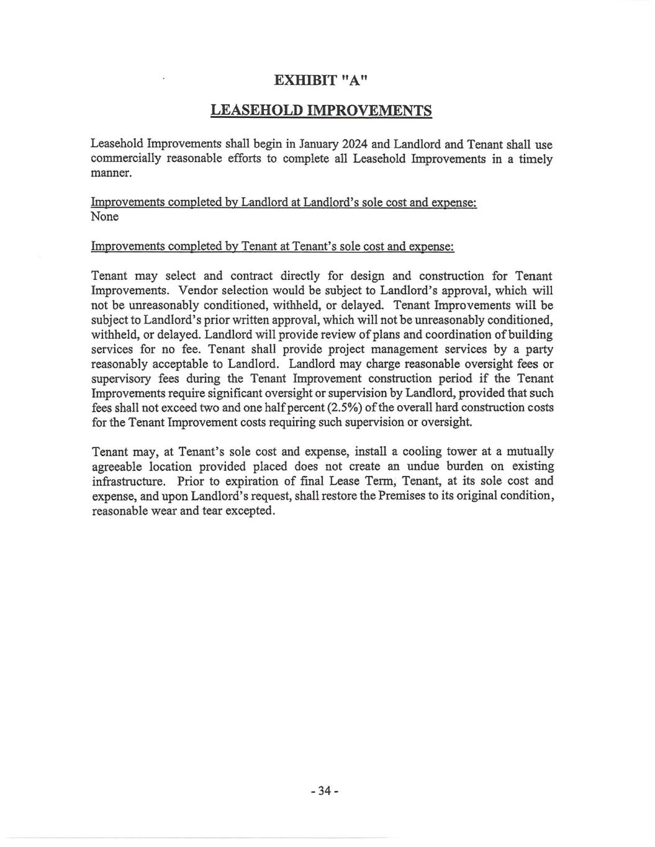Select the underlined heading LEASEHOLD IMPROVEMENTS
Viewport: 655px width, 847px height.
321,110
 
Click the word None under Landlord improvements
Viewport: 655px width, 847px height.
104,217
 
